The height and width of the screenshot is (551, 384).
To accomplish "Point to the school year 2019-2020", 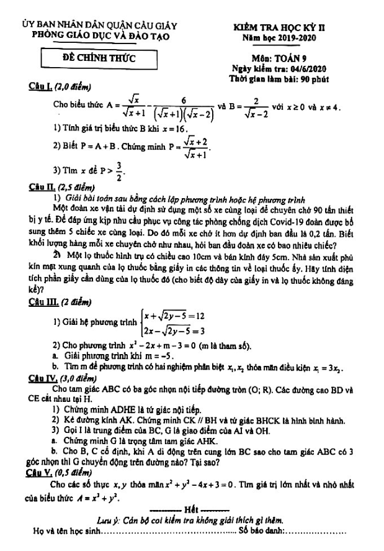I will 297,39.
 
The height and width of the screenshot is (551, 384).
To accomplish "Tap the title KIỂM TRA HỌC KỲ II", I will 283,28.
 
